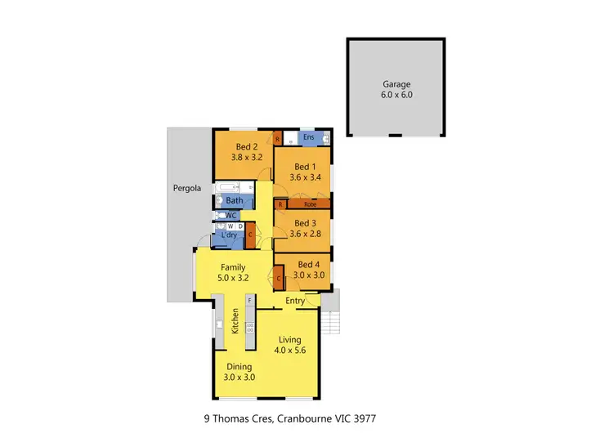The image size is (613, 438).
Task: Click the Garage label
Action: click(x=397, y=83)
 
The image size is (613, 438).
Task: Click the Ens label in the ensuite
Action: click(x=308, y=137)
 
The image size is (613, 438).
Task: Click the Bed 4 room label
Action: click(x=307, y=264)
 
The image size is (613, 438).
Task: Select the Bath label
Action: click(x=234, y=200)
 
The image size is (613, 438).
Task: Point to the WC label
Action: click(x=231, y=216)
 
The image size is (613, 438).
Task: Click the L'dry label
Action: click(x=229, y=236)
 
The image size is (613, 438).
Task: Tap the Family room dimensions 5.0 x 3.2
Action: click(x=233, y=278)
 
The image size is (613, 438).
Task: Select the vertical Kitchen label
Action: click(x=235, y=321)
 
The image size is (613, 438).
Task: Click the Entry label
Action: click(x=295, y=302)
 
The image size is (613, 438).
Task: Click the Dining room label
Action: click(x=239, y=367)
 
